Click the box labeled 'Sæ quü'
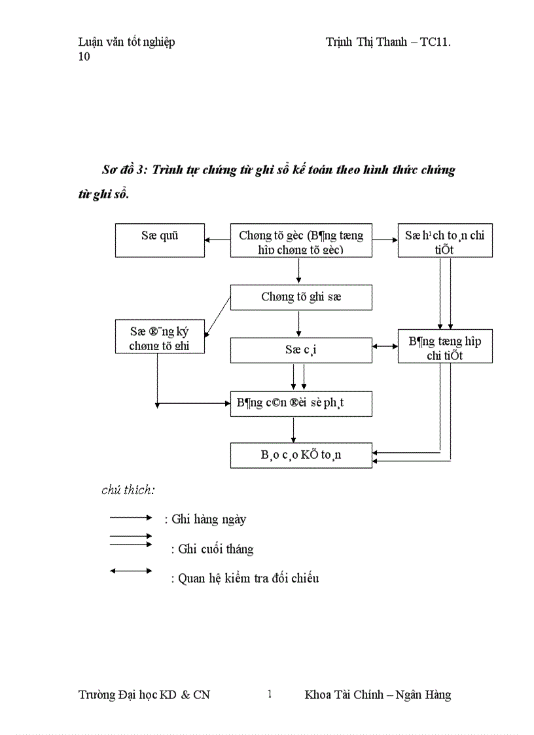click(160, 240)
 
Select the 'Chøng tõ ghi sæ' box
click(301, 297)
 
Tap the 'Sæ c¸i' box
click(301, 350)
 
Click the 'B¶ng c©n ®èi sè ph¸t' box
click(301, 404)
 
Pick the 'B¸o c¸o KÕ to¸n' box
click(301, 456)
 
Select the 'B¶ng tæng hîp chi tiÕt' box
click(445, 346)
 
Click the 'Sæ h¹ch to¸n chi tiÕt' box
click(445, 240)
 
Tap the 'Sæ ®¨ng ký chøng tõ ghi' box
click(160, 336)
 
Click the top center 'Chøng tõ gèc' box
click(301, 240)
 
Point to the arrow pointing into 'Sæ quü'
click(217, 240)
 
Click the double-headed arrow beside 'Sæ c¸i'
click(385, 346)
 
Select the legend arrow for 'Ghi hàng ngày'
click(131, 517)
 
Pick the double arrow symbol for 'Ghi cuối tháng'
click(131, 540)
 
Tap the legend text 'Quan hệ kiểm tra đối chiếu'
click(248, 579)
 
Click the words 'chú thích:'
click(128, 490)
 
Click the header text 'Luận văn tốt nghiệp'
click(126, 43)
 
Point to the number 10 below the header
click(84, 56)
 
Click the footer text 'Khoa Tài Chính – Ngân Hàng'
click(378, 695)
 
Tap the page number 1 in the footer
click(269, 694)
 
